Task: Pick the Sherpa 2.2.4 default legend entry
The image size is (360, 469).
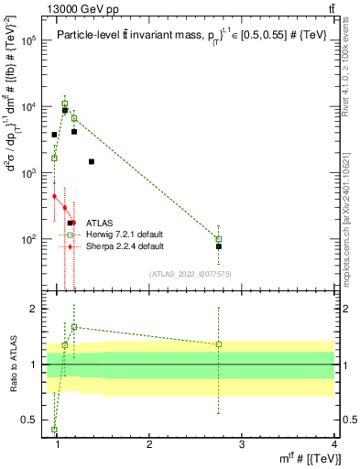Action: coord(125,246)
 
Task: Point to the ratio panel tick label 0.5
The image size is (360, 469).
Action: coord(30,420)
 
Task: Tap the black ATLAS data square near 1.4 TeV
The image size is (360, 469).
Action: coord(92,161)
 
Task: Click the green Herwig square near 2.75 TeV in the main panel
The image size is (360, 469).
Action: coord(219,239)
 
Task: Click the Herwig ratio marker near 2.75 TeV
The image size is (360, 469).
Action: coord(219,344)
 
